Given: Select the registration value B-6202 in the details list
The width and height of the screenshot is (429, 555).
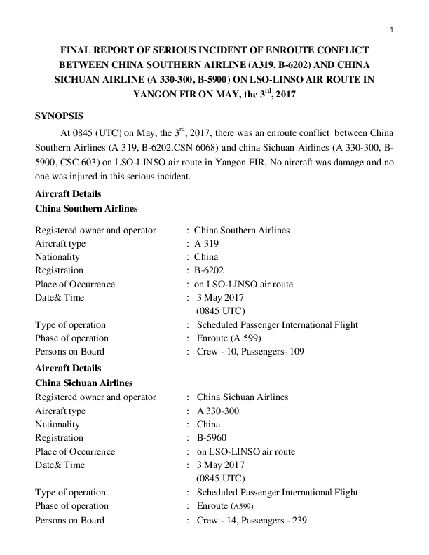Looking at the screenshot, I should click(x=208, y=270).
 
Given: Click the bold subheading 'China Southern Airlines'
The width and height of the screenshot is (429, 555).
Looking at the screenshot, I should click(x=86, y=209).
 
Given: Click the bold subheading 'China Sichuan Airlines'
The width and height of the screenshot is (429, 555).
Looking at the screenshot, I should click(x=84, y=383).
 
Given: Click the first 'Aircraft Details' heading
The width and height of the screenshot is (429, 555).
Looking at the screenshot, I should click(x=68, y=193).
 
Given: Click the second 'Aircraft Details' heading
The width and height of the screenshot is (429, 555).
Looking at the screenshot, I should click(x=68, y=368).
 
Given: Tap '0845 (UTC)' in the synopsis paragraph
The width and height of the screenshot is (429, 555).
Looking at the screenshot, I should click(x=95, y=132).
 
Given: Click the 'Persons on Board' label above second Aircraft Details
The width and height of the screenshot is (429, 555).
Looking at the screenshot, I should click(x=69, y=352).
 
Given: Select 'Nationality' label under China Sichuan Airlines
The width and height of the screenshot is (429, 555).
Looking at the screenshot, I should click(x=57, y=425).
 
